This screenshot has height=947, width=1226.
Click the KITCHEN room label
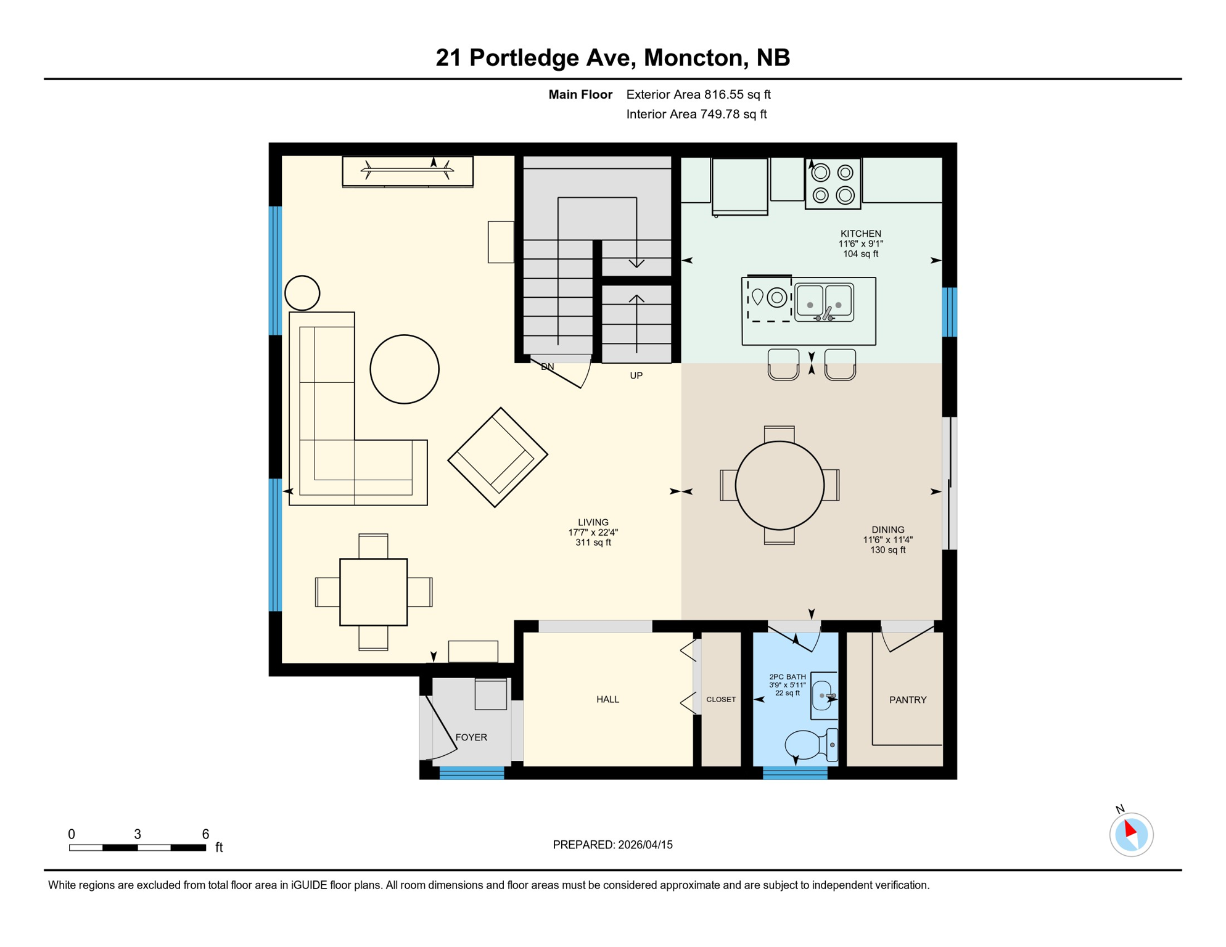pyautogui.click(x=860, y=234)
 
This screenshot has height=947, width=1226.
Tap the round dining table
pyautogui.click(x=780, y=485)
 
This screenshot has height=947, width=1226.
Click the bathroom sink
pyautogui.click(x=823, y=695)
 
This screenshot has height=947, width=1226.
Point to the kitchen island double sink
pyautogui.click(x=824, y=302)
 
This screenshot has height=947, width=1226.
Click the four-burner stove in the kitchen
pyautogui.click(x=833, y=184)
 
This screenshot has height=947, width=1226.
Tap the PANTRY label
pyautogui.click(x=907, y=700)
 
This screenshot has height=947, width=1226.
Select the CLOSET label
pyautogui.click(x=721, y=699)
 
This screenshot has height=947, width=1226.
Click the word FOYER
pyautogui.click(x=471, y=737)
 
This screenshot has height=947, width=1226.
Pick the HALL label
pyautogui.click(x=607, y=699)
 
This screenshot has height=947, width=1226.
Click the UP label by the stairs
pyautogui.click(x=636, y=375)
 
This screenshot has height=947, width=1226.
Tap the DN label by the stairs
pyautogui.click(x=547, y=367)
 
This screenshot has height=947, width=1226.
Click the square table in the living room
pyautogui.click(x=373, y=592)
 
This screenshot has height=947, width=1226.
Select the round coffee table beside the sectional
pyautogui.click(x=405, y=369)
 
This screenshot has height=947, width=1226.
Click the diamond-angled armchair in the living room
pyautogui.click(x=498, y=457)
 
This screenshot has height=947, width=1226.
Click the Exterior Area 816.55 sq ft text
pyautogui.click(x=698, y=94)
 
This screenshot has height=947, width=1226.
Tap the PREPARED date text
pyautogui.click(x=612, y=845)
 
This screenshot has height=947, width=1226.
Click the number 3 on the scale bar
pyautogui.click(x=138, y=834)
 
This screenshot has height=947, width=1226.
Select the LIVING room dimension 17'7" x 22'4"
pyautogui.click(x=593, y=532)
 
